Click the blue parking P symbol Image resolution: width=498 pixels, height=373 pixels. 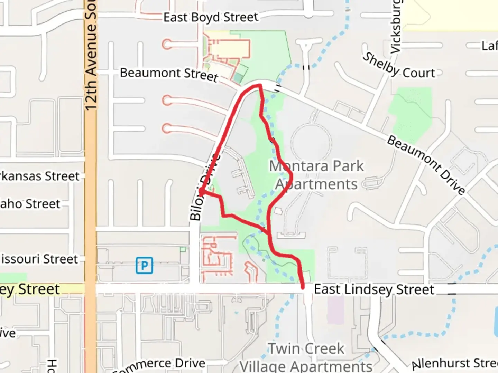[x=144, y=265]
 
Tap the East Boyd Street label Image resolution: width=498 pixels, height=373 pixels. [x=211, y=17]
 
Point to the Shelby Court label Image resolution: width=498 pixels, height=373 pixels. [x=398, y=67]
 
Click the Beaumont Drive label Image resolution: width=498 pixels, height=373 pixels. [x=426, y=165]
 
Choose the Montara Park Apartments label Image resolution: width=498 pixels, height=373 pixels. [x=316, y=175]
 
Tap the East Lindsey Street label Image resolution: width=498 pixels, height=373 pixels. [x=374, y=289]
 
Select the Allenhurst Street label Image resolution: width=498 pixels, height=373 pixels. [x=455, y=363]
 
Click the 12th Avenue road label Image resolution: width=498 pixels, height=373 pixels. [x=91, y=55]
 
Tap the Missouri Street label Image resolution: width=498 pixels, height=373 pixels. [x=39, y=259]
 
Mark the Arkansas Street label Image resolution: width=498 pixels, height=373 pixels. [x=40, y=176]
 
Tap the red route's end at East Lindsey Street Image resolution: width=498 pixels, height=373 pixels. [x=303, y=287]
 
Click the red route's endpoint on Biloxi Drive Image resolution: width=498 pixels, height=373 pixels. [x=201, y=191]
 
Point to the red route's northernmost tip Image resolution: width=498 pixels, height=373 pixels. [x=259, y=85]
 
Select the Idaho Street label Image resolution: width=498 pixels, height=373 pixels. [x=30, y=204]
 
